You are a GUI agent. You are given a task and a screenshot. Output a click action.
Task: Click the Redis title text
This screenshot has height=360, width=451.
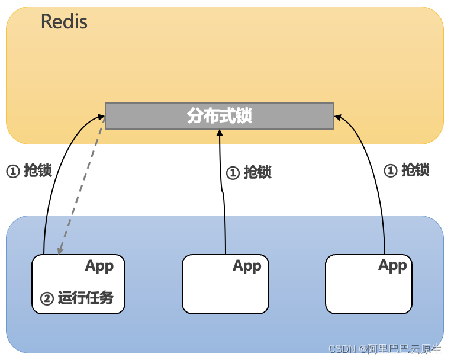coord(64,22)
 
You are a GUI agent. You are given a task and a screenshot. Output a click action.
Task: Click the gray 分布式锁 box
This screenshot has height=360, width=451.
coord(219,115)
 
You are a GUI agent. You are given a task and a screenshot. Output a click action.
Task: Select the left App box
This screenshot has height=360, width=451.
coord(78,284)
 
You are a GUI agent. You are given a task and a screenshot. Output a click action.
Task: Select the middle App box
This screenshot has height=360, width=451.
coord(225,284)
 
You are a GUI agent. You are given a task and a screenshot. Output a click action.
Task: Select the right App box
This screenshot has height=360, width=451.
coord(368,284)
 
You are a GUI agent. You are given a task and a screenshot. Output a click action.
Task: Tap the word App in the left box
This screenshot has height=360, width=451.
coord(99,266)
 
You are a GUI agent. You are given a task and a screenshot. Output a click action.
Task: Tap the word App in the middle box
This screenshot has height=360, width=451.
coord(247,266)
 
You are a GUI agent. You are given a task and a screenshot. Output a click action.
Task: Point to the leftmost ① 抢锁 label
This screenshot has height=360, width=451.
coord(29,171)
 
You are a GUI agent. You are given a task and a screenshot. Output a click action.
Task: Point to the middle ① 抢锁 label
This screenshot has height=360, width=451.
coord(249,172)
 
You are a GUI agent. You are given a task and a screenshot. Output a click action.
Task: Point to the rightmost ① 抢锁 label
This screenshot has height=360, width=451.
coord(407,170)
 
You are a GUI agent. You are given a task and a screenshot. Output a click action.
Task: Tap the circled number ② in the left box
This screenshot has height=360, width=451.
coord(46,298)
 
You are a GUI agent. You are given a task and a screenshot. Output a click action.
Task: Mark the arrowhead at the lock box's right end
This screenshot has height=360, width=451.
coord(338,117)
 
